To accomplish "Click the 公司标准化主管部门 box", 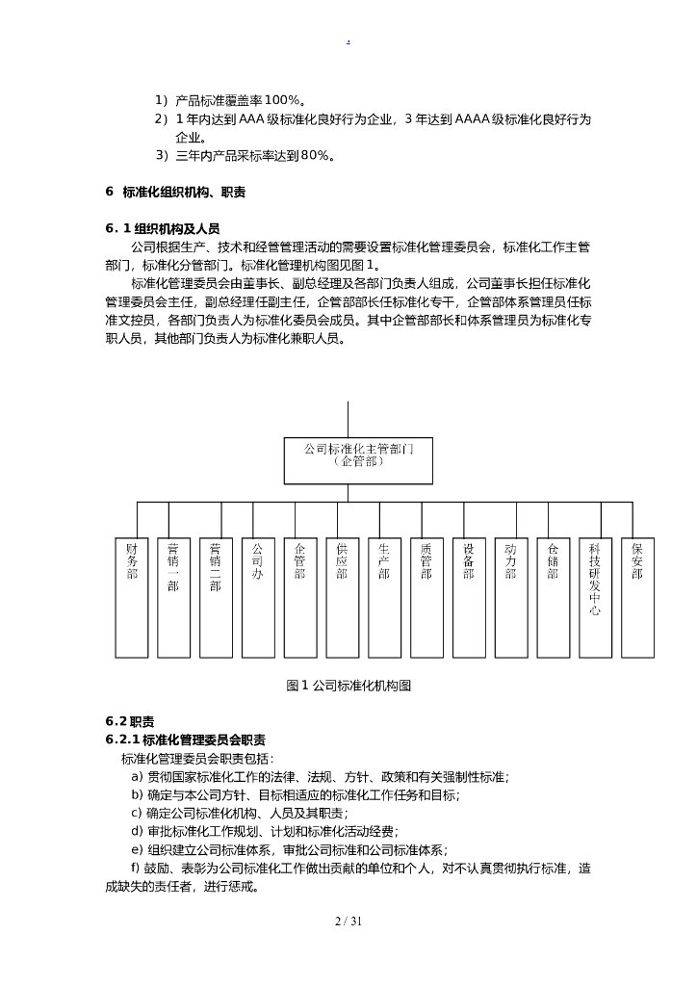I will click(x=357, y=460).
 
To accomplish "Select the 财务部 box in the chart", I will click(x=131, y=597).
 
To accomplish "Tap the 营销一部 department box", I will click(x=173, y=597).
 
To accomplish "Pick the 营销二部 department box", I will click(x=216, y=597).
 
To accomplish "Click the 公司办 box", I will click(x=257, y=597).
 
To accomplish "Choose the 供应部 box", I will click(x=342, y=597).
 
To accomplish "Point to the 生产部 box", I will click(x=384, y=597).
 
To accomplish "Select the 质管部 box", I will click(x=426, y=597).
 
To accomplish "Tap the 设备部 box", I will click(x=468, y=597).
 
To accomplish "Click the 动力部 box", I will click(x=510, y=597).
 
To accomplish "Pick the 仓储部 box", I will click(x=553, y=597).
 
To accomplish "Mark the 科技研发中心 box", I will click(x=595, y=597).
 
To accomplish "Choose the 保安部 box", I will click(x=636, y=597).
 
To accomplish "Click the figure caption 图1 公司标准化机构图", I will click(x=348, y=686).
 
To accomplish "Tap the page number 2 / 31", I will click(x=348, y=921).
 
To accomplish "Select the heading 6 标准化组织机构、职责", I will click(x=175, y=192).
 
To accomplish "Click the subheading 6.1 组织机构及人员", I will click(x=163, y=229).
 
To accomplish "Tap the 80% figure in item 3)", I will click(x=315, y=155).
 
